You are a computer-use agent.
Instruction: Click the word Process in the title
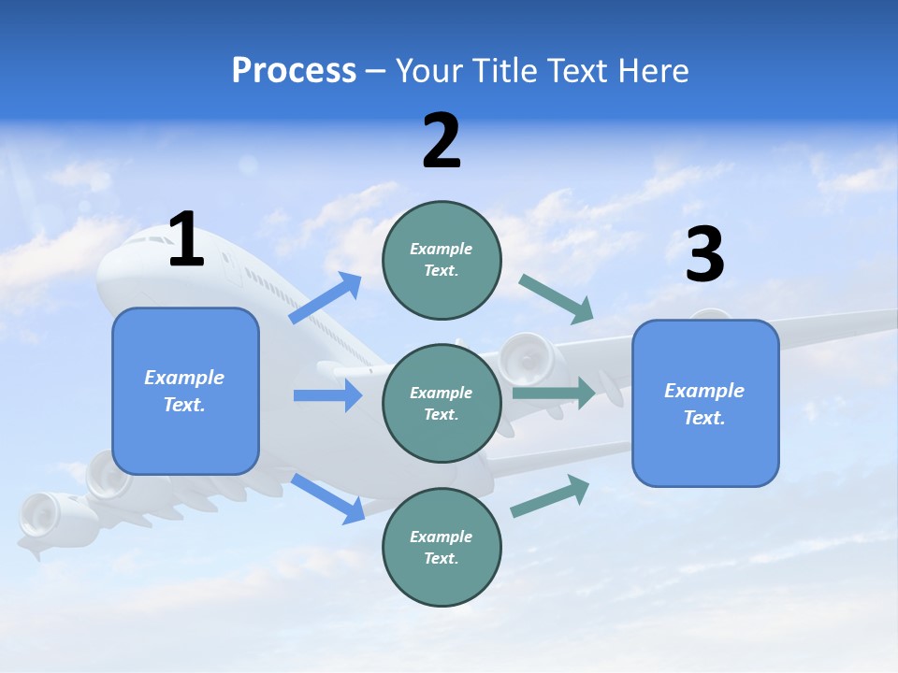294,70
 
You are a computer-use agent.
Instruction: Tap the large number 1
186,240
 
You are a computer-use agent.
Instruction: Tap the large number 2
442,141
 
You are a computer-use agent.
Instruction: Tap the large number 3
704,255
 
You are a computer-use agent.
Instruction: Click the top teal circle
442,260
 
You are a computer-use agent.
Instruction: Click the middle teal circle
442,404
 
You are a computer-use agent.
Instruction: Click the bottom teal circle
442,548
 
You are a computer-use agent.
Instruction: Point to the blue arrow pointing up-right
326,298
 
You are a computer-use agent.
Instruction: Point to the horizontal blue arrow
327,395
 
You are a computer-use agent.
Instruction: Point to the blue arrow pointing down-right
328,498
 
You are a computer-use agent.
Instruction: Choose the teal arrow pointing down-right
556,299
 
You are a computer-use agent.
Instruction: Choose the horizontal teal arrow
554,393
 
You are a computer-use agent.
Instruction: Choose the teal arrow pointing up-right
550,495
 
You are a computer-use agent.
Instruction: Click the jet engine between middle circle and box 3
524,359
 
